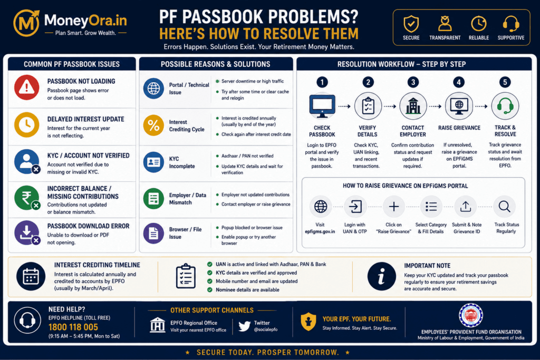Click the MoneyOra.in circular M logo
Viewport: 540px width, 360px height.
click(x=26, y=23)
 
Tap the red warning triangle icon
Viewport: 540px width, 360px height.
click(x=26, y=87)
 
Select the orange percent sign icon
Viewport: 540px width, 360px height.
click(x=153, y=125)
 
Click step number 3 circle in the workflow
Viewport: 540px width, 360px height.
click(x=413, y=82)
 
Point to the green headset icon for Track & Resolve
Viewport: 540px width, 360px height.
click(x=505, y=106)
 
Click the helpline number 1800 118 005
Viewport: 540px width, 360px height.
click(x=73, y=327)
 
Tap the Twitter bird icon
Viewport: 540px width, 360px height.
click(x=244, y=326)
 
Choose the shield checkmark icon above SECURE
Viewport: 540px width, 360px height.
click(x=411, y=24)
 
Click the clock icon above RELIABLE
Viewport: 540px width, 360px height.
click(x=479, y=24)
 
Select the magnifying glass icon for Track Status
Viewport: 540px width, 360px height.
click(x=505, y=207)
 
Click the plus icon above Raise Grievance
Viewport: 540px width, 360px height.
click(x=393, y=207)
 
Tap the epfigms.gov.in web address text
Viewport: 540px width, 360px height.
click(x=320, y=231)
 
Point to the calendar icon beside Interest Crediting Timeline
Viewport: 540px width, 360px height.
click(x=31, y=276)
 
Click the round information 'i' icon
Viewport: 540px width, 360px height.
click(x=381, y=276)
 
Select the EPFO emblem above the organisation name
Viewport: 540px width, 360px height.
click(x=471, y=315)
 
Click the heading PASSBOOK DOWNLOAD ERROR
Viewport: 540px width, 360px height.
click(x=88, y=226)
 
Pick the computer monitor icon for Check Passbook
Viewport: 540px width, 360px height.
click(x=322, y=106)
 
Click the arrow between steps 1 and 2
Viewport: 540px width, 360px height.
click(x=344, y=106)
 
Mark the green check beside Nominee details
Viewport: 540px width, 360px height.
click(x=209, y=290)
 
